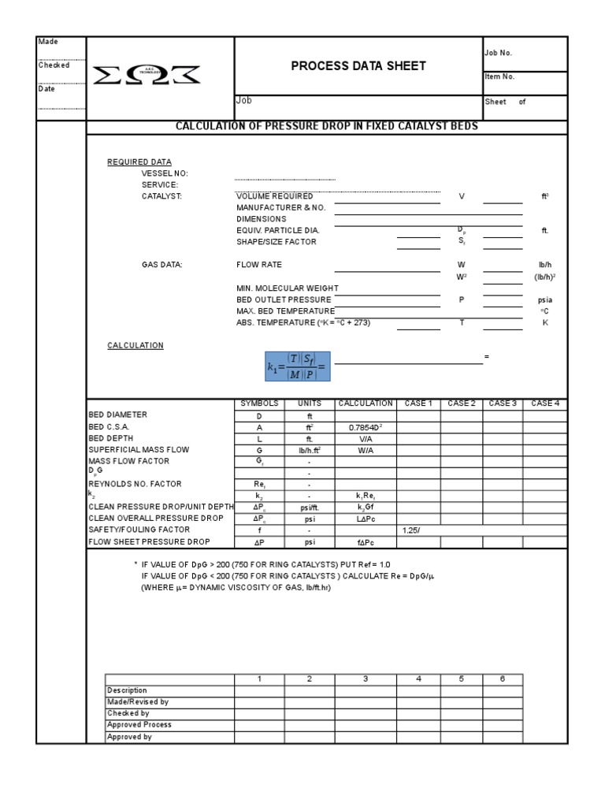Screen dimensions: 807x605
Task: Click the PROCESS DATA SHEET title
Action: coord(358,66)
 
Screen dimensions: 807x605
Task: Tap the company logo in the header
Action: coord(147,75)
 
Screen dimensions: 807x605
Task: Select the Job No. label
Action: coord(498,53)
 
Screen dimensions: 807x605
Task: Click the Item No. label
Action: coord(499,77)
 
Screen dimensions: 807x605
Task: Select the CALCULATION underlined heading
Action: coord(135,345)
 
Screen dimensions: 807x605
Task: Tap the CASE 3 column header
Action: coord(502,403)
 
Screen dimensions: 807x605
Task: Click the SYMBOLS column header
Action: coord(259,403)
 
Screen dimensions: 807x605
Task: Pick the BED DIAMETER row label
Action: coord(118,415)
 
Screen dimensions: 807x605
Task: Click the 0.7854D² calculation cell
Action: coord(365,427)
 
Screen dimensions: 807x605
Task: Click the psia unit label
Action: coord(544,300)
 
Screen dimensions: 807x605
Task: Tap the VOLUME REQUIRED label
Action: coord(275,196)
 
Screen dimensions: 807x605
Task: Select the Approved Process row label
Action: coord(139,725)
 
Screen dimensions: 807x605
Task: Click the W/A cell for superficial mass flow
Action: coord(365,450)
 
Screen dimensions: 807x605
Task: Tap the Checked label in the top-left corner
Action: coord(54,65)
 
